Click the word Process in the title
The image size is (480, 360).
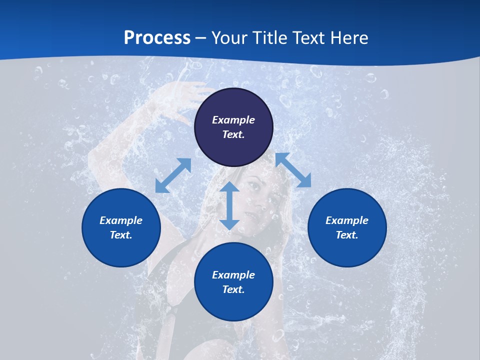(x=157, y=38)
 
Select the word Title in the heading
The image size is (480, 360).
(x=270, y=38)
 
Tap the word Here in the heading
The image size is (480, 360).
(x=349, y=38)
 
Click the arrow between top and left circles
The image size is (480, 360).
(x=173, y=175)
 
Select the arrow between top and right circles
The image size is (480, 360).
(x=293, y=170)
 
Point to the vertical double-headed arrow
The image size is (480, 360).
(x=229, y=205)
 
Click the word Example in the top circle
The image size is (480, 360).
(x=233, y=120)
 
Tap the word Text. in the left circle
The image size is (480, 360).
(x=121, y=235)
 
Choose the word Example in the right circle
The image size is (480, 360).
(x=347, y=220)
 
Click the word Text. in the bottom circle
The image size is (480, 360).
(x=233, y=289)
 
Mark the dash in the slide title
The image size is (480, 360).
(x=201, y=38)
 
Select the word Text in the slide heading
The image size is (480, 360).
(x=309, y=38)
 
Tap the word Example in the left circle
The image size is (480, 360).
(x=121, y=220)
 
